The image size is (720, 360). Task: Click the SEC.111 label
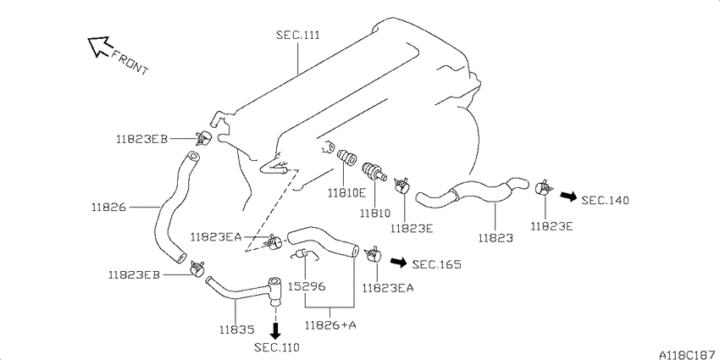click(x=297, y=35)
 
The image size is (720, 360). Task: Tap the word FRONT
click(x=130, y=62)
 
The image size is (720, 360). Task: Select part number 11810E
click(x=346, y=193)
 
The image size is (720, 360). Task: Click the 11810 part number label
click(x=374, y=213)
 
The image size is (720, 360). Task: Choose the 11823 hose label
click(x=496, y=238)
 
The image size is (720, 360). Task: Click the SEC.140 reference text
click(x=605, y=200)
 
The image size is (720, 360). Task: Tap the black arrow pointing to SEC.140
click(x=568, y=197)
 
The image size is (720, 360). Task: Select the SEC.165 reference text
click(x=436, y=264)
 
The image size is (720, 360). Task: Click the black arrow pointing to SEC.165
click(x=398, y=263)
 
